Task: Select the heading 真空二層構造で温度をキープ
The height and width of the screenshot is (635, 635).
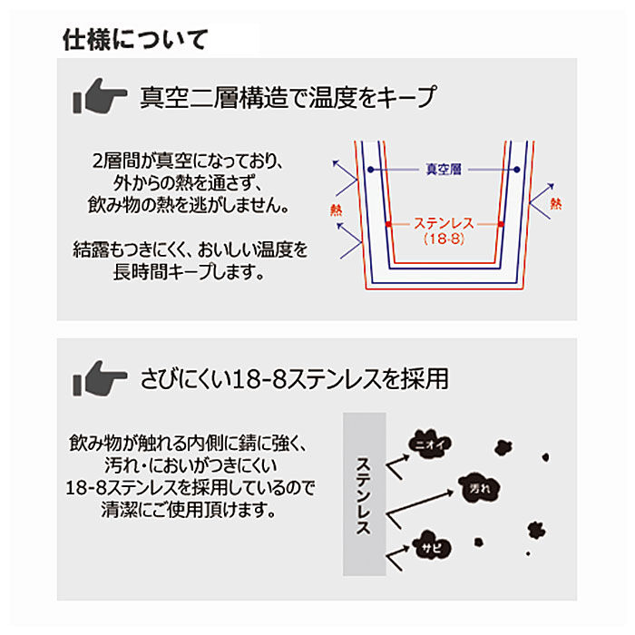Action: pyautogui.click(x=288, y=96)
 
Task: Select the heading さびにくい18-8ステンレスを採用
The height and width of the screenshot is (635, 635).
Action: pyautogui.click(x=295, y=377)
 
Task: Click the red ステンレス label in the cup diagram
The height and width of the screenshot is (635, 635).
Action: pyautogui.click(x=444, y=223)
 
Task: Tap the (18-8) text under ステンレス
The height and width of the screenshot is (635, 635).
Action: pyautogui.click(x=444, y=239)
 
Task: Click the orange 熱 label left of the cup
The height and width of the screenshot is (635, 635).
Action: pyautogui.click(x=337, y=210)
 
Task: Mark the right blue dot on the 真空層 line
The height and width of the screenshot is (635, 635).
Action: pyautogui.click(x=514, y=169)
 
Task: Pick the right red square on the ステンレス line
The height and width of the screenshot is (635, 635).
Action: pyautogui.click(x=501, y=223)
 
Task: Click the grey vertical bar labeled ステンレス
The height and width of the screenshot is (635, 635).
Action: pyautogui.click(x=364, y=494)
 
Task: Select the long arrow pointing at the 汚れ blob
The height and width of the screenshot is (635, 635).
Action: pyautogui.click(x=422, y=503)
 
